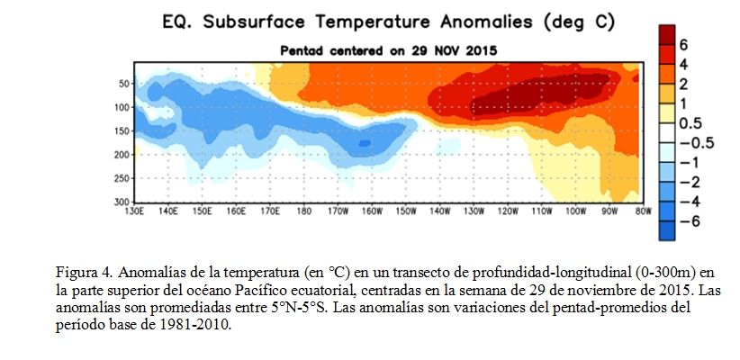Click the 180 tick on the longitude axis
tap(304, 211)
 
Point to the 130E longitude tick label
tap(133, 211)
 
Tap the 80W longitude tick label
tap(643, 211)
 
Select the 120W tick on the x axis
tap(508, 211)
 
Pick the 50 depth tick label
tap(124, 84)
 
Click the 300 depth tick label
tap(122, 202)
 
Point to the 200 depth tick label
tap(122, 155)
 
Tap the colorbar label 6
tap(683, 45)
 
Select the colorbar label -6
tap(690, 221)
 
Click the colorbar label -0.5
tap(696, 143)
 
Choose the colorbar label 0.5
tap(690, 123)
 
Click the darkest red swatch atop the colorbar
tap(667, 35)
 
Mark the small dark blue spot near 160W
tap(365, 142)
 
